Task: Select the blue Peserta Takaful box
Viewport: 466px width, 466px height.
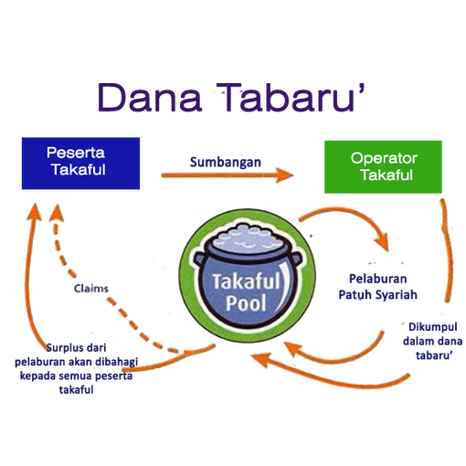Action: tap(81, 163)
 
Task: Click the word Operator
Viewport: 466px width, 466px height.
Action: tap(384, 158)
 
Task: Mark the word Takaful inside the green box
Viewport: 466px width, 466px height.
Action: tap(384, 175)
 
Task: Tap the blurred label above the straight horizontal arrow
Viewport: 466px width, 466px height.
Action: tap(226, 162)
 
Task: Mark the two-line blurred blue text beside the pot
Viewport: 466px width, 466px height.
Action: tap(378, 285)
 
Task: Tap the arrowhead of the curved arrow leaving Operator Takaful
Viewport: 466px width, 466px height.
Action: tap(387, 244)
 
